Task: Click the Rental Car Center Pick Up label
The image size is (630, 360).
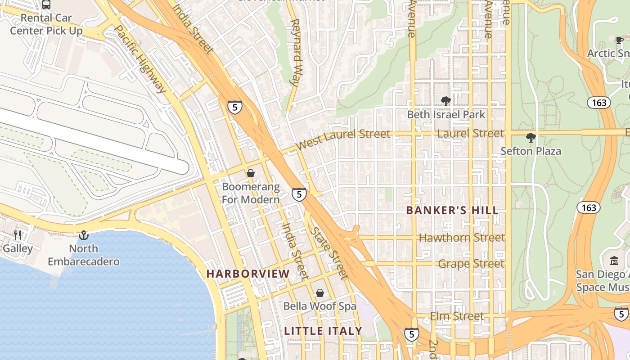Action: pyautogui.click(x=46, y=24)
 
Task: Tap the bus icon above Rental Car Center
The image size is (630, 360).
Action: pyautogui.click(x=46, y=4)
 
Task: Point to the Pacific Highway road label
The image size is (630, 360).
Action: pyautogui.click(x=140, y=58)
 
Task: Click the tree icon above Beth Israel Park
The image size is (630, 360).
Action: pyautogui.click(x=446, y=101)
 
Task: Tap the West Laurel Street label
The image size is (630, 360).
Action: pyautogui.click(x=343, y=139)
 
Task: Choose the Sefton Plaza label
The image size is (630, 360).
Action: pyautogui.click(x=531, y=151)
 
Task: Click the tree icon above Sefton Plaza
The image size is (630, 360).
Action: pyautogui.click(x=531, y=138)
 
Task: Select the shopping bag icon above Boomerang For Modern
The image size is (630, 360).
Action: pyautogui.click(x=251, y=173)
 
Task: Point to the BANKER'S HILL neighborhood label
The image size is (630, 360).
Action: pyautogui.click(x=452, y=210)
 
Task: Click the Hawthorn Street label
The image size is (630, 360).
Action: pyautogui.click(x=462, y=237)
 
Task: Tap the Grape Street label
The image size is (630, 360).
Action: pyautogui.click(x=471, y=263)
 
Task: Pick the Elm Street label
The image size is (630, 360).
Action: pyautogui.click(x=457, y=316)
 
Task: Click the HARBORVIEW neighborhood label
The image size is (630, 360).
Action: pyautogui.click(x=248, y=274)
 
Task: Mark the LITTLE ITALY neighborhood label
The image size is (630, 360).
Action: pyautogui.click(x=323, y=331)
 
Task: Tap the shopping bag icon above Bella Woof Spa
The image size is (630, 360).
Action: pyautogui.click(x=319, y=293)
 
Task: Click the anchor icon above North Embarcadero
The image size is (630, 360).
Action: pyautogui.click(x=84, y=235)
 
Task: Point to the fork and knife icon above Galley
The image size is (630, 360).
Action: pyautogui.click(x=18, y=235)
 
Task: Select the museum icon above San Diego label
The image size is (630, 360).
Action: pyautogui.click(x=614, y=261)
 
